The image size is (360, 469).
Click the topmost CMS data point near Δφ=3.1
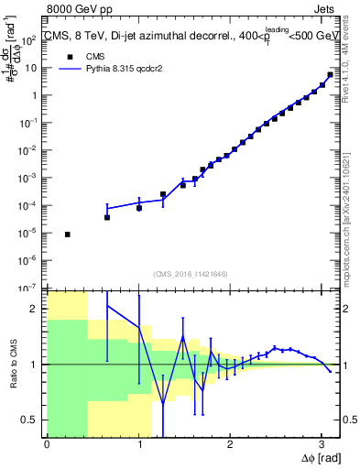coord(330,75)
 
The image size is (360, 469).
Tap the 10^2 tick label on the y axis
coord(29,41)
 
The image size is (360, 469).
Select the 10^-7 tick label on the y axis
coord(29,288)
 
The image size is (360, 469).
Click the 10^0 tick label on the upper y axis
coord(31,96)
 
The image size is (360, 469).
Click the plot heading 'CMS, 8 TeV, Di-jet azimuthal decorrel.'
coord(137,38)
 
